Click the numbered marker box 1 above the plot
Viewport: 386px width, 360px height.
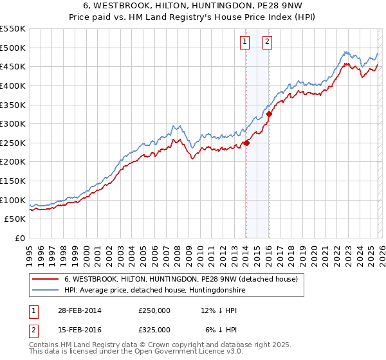click(245, 42)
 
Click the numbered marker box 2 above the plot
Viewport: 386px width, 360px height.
click(267, 42)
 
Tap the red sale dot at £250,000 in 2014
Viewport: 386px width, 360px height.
click(246, 143)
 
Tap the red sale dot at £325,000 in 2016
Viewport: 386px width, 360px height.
click(269, 114)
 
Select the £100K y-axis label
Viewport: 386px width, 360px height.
click(14, 200)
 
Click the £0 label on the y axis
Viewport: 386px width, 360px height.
click(19, 238)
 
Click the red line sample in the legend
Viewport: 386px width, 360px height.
click(46, 280)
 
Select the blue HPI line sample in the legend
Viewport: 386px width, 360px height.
click(46, 291)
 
